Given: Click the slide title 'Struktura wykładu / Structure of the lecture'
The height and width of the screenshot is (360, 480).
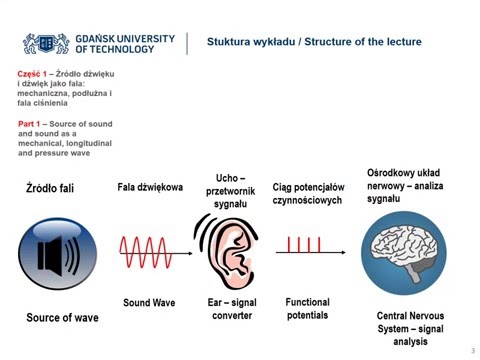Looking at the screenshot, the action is point(314,42).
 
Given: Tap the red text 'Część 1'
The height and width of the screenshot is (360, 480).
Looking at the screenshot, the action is point(33,74).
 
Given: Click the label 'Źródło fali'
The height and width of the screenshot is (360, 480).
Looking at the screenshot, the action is point(50,188).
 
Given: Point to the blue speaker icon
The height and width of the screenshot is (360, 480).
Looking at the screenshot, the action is point(57,254).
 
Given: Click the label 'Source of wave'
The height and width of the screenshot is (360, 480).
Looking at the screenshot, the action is point(62,318).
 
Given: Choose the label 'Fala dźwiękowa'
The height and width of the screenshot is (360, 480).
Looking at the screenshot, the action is point(150,187).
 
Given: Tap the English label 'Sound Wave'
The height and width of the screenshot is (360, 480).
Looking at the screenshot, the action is point(149,302).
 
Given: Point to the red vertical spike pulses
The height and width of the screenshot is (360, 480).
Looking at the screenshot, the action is point(304,244).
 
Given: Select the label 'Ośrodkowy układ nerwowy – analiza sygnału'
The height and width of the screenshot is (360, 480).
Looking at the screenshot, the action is point(406,185).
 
